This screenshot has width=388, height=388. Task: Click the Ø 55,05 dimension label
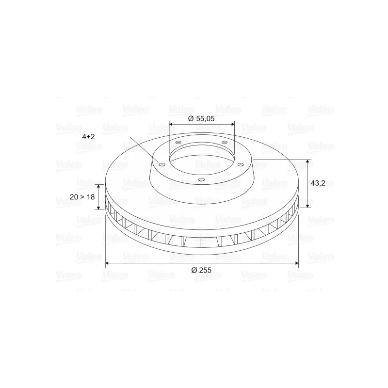(x=201, y=119)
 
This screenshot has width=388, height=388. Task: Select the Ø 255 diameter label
(x=201, y=270)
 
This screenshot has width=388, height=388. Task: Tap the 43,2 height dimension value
(x=318, y=183)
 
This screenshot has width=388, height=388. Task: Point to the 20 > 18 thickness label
(x=82, y=197)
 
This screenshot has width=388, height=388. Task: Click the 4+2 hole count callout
(x=89, y=136)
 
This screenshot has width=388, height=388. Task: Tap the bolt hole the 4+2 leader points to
(x=162, y=164)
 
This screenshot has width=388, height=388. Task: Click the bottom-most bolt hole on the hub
(x=202, y=179)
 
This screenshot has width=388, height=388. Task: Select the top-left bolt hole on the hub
(x=178, y=142)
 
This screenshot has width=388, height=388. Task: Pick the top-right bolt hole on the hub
(x=225, y=142)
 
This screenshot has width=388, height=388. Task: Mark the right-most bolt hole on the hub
(x=241, y=164)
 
